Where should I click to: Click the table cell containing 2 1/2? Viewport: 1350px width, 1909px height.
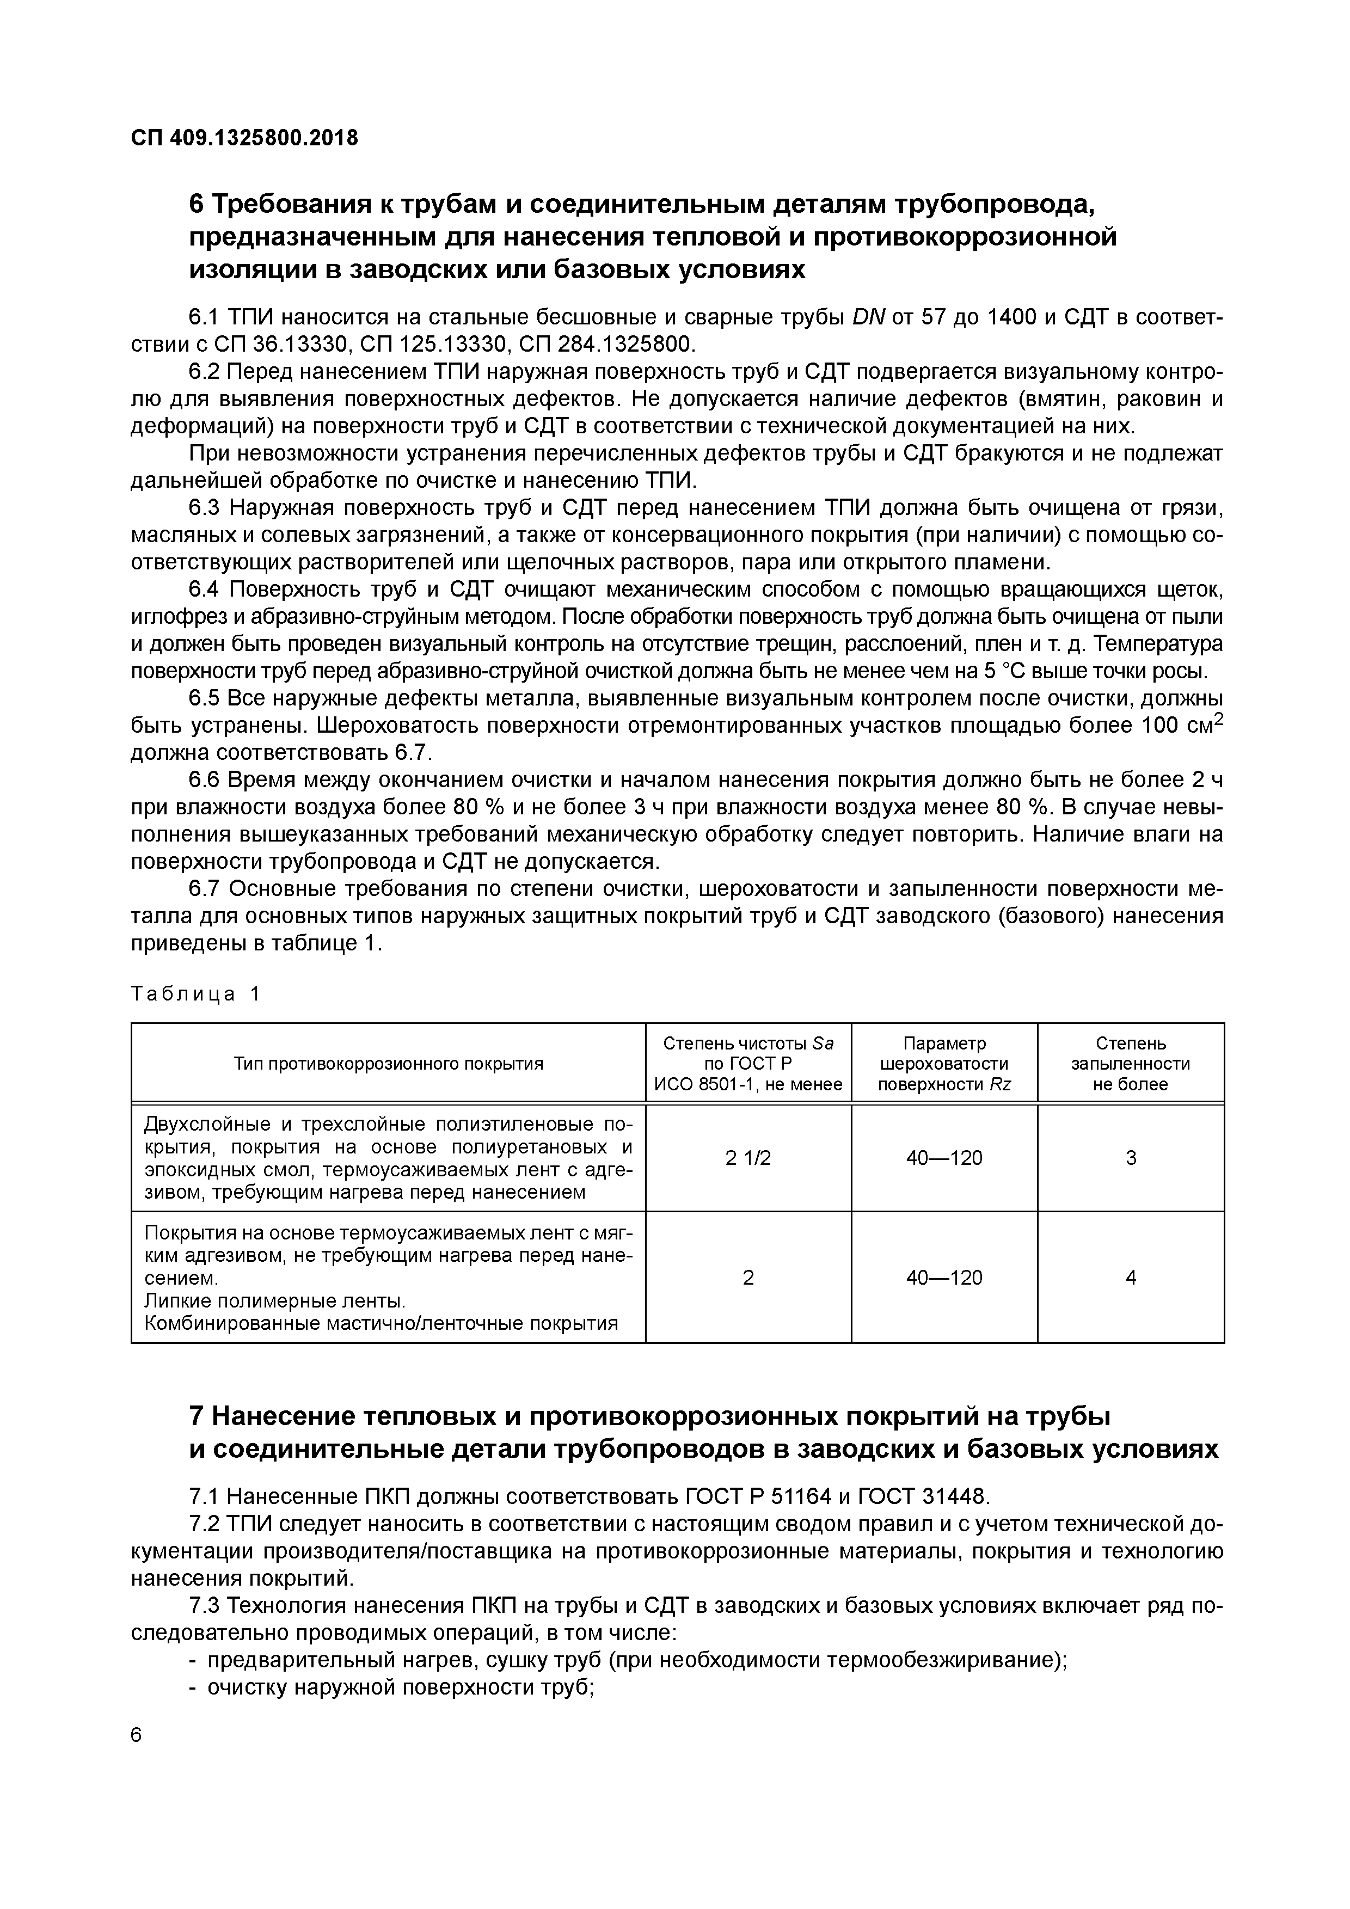747,1157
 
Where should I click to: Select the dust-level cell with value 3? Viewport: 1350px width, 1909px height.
1131,1157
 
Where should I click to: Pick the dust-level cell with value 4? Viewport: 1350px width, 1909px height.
1131,1277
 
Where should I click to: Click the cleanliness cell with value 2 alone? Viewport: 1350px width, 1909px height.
747,1277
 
